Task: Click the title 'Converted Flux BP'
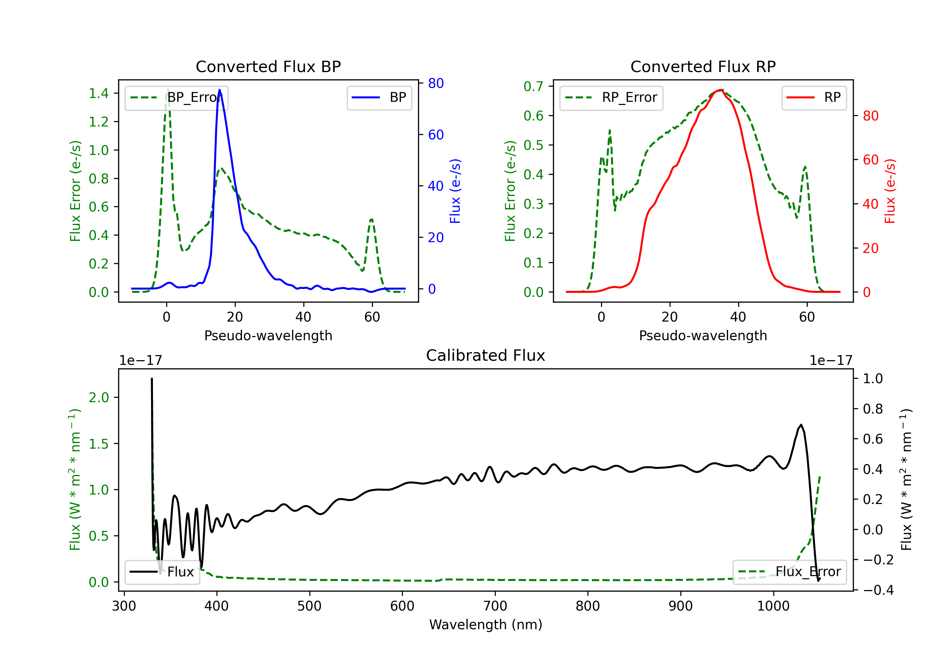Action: pyautogui.click(x=268, y=66)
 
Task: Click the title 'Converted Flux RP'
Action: pyautogui.click(x=703, y=66)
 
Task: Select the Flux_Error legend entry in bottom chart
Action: pyautogui.click(x=789, y=572)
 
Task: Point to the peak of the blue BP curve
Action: pyautogui.click(x=219, y=90)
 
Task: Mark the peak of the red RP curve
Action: pyautogui.click(x=720, y=90)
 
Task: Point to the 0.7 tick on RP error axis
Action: pyautogui.click(x=533, y=86)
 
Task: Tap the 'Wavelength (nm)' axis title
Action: pyautogui.click(x=486, y=624)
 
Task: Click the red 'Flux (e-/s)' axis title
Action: pyautogui.click(x=890, y=191)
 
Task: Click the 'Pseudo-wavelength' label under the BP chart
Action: pyautogui.click(x=268, y=335)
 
